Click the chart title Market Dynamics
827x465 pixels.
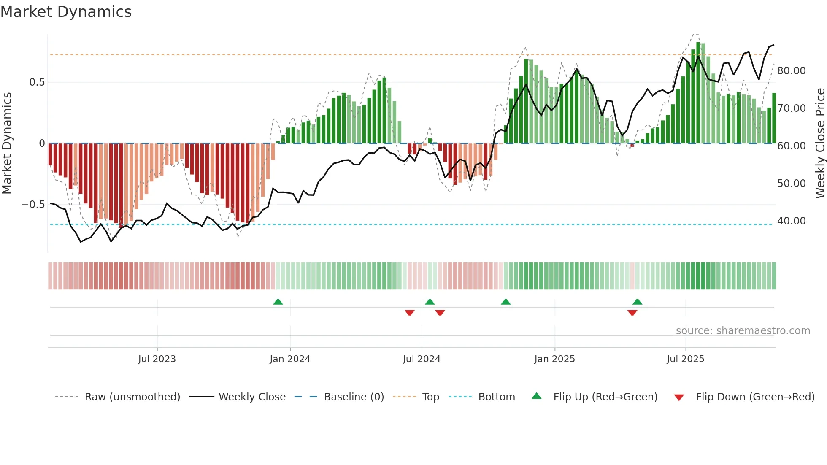pyautogui.click(x=66, y=12)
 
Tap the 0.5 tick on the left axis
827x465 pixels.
pyautogui.click(x=37, y=82)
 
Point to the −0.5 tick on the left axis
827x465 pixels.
pyautogui.click(x=33, y=205)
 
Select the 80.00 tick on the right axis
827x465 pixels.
pyautogui.click(x=791, y=71)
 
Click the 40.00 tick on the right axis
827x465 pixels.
pyautogui.click(x=791, y=221)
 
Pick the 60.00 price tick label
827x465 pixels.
pyautogui.click(x=791, y=146)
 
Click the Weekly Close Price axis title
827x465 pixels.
pyautogui.click(x=820, y=143)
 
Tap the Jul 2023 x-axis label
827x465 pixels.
pyautogui.click(x=157, y=359)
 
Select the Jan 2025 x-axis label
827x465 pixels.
pyautogui.click(x=554, y=359)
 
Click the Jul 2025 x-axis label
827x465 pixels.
pyautogui.click(x=685, y=359)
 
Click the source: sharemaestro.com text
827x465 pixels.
pyautogui.click(x=743, y=331)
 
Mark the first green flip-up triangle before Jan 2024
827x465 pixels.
pyautogui.click(x=278, y=302)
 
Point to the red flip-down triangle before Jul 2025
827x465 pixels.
pyautogui.click(x=632, y=313)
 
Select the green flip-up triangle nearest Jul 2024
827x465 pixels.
pyautogui.click(x=430, y=302)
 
